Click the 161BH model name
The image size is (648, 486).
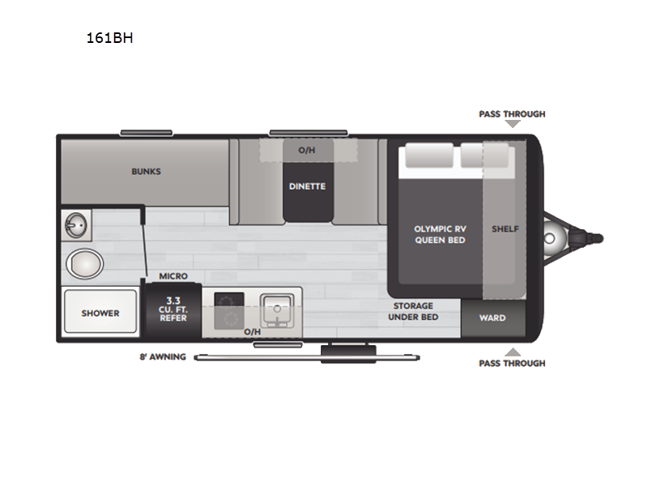coord(110,37)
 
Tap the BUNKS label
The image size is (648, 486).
coord(146,172)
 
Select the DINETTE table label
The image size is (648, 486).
coord(307,186)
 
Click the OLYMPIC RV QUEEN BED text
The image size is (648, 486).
coord(440,234)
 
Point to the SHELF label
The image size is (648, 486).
coord(505,228)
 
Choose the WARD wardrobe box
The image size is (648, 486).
coord(492,318)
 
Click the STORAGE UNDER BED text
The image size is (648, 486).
coord(413,311)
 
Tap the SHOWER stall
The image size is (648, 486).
coord(100,313)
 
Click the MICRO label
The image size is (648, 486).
coord(173,276)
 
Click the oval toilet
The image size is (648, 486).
coord(84,263)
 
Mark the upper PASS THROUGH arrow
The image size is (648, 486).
coord(512,124)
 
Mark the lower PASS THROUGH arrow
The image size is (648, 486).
coord(512,352)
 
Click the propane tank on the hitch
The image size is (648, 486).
coord(554,238)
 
